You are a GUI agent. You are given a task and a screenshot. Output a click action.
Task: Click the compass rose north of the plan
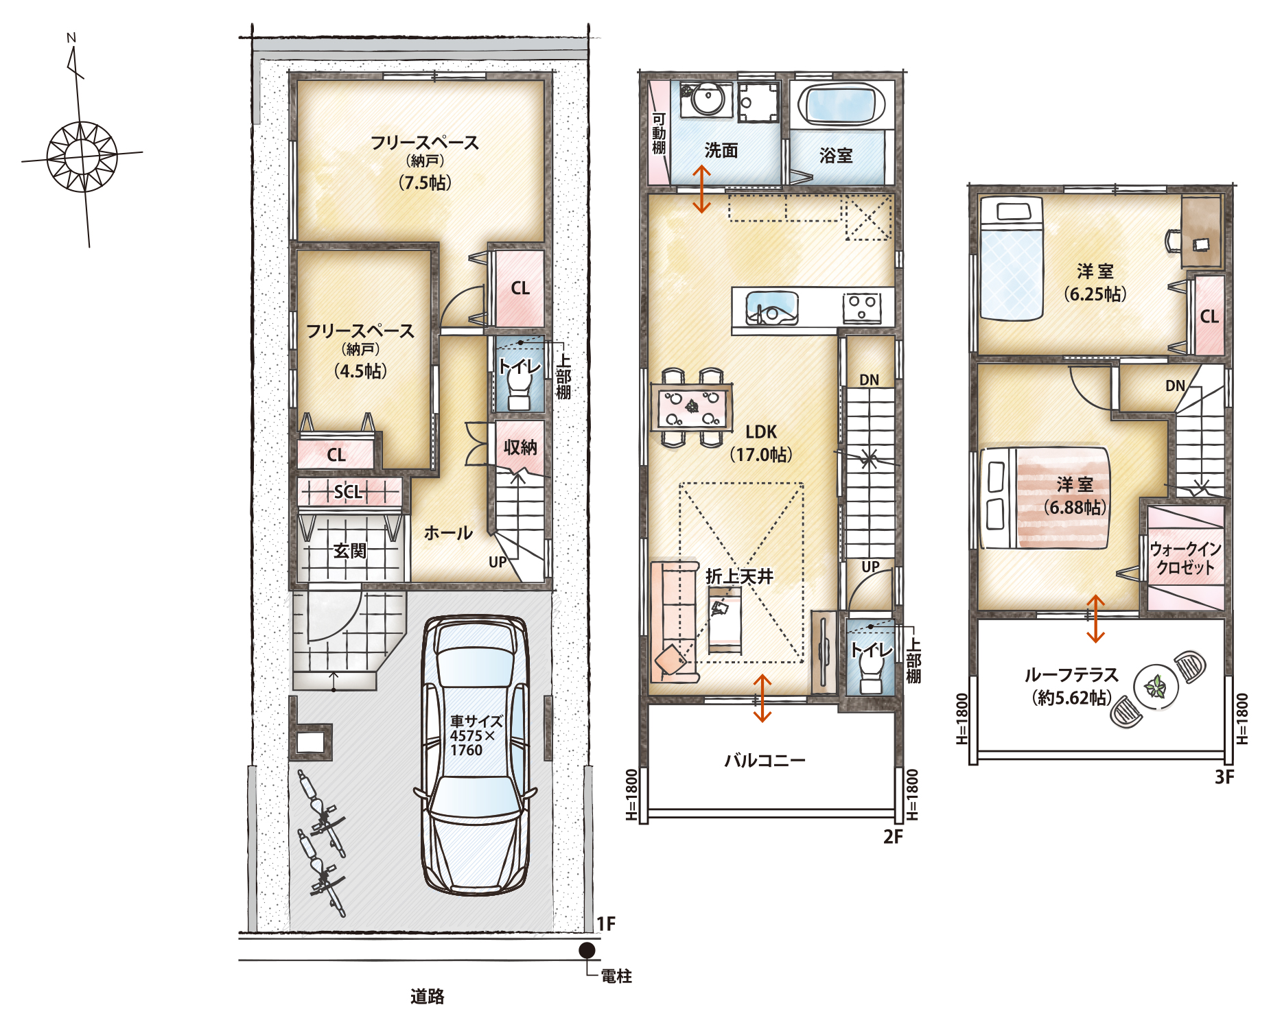pos(82,156)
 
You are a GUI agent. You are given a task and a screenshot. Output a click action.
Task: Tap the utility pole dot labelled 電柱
pos(587,950)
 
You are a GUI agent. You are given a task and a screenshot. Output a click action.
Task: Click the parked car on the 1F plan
pos(475,755)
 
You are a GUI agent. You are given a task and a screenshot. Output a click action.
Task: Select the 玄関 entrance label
pos(350,551)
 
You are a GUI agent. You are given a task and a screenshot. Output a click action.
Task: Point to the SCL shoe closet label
pos(348,492)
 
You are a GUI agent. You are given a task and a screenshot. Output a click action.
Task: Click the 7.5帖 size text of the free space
pos(425,182)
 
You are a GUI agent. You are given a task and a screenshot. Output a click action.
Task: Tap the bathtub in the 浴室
pos(841,105)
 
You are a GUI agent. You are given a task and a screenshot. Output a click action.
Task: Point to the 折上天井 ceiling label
pos(739,576)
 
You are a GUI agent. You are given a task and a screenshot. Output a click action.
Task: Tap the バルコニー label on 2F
pos(765,760)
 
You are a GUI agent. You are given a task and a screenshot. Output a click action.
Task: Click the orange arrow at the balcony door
pos(762,698)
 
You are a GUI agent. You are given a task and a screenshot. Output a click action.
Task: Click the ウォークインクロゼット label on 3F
pos(1185,558)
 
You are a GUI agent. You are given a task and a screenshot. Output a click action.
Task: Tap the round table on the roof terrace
pos(1156,687)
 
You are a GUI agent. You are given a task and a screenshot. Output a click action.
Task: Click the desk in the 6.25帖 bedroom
pos(1202,232)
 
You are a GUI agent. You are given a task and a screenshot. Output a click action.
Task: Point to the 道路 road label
pos(427,996)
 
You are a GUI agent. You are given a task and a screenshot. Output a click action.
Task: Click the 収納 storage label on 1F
pos(520,447)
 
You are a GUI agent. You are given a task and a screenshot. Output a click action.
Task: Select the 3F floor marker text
pos(1224,777)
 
